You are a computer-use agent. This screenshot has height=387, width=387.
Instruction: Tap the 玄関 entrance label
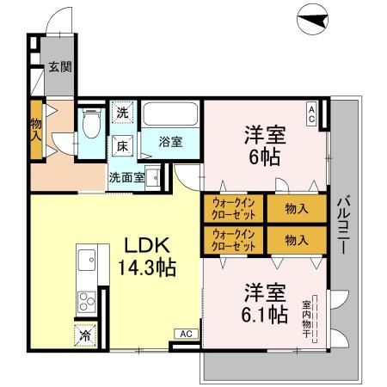pos(58,65)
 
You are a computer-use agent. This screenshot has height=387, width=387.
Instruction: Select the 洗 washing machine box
pos(122,113)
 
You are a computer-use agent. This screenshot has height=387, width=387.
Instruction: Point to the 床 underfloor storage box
pos(122,145)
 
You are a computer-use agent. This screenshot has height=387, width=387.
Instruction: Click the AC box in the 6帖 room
pos(311,111)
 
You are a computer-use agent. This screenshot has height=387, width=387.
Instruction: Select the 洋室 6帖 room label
pos(265,146)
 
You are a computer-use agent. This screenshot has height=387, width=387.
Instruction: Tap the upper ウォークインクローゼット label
pos(233,210)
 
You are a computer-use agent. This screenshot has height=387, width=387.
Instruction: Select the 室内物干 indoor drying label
pos(308,319)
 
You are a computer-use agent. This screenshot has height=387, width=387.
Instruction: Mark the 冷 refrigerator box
pos(86,334)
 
